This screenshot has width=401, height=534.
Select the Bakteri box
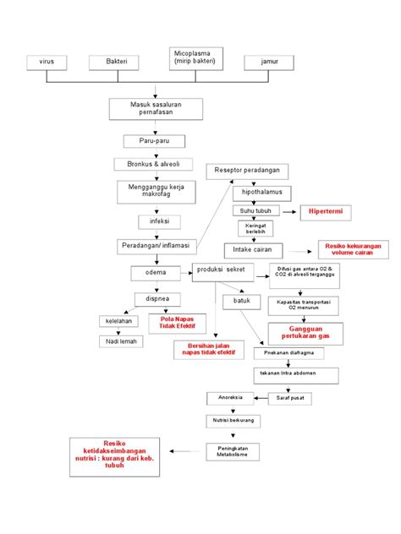click(116, 63)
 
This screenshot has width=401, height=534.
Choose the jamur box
click(269, 63)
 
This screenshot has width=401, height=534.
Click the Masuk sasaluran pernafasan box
click(157, 107)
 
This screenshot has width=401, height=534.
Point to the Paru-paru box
click(157, 141)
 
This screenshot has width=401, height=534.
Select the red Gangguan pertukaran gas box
click(305, 333)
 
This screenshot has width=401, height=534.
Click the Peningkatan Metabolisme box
click(231, 451)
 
